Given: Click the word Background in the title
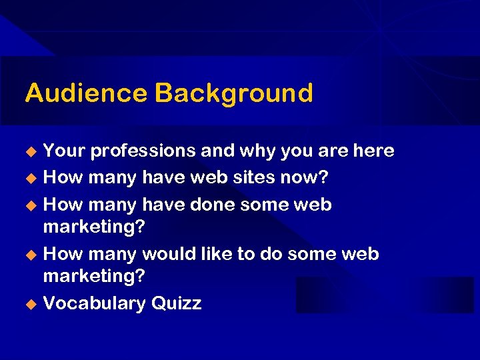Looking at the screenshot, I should point(233,93).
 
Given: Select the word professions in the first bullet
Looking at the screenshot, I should point(143,151).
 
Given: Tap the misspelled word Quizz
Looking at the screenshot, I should point(176,304).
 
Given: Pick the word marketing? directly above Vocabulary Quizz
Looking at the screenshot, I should point(94,276).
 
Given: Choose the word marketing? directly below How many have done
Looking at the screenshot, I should point(94,227).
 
